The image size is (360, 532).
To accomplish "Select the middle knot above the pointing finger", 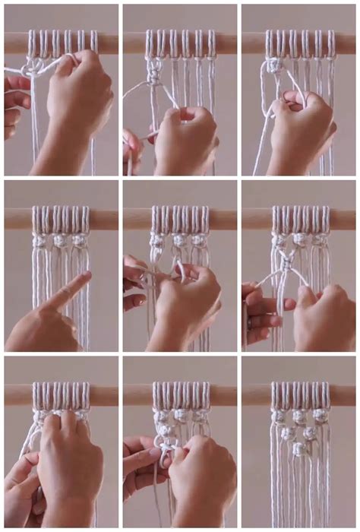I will tap(58, 240).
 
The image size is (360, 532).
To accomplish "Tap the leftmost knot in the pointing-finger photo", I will tap(39, 240).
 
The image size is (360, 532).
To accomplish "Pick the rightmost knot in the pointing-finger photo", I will tap(78, 240).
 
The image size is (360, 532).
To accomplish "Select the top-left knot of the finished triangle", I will tap(279, 416).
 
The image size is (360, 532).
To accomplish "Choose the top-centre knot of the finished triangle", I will tap(299, 416).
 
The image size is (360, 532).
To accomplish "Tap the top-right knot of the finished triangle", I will tap(320, 416).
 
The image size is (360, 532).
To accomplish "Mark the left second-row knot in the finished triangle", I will tap(289, 433).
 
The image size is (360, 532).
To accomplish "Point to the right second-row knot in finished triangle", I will tap(310, 433).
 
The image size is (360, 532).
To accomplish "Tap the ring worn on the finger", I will tap(248, 323).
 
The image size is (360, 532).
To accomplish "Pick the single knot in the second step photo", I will tap(154, 74).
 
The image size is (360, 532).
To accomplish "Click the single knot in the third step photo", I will tap(272, 67).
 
